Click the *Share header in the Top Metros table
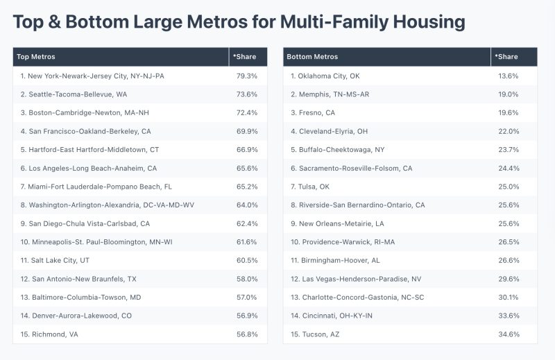point(244,57)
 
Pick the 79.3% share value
point(246,76)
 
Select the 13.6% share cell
point(509,76)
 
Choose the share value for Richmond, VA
point(246,334)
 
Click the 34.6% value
point(509,334)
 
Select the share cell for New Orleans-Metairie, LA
point(509,223)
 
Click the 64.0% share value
point(246,205)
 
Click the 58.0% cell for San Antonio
point(246,278)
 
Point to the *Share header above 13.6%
point(507,57)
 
